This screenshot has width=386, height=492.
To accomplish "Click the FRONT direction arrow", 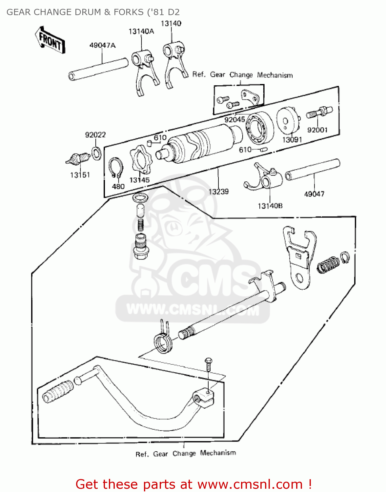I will (x=50, y=40).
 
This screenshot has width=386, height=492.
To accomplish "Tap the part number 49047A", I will (x=102, y=45).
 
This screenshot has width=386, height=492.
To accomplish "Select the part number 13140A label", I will (x=141, y=31).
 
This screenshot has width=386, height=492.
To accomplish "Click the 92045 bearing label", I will (x=234, y=120).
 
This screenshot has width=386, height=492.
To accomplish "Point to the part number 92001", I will (x=317, y=130).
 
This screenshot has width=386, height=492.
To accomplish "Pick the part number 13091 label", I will (x=292, y=140).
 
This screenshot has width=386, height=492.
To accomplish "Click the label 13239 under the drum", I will (x=218, y=192).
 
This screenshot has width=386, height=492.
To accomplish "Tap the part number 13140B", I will (x=270, y=206).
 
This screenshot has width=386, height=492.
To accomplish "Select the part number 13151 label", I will (x=80, y=175).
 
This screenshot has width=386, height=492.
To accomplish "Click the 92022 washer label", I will (x=95, y=135).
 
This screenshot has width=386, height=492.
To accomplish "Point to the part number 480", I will (x=118, y=187).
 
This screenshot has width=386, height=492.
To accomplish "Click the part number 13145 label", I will (x=139, y=180).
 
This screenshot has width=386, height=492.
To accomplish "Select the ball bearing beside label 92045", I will (x=260, y=128).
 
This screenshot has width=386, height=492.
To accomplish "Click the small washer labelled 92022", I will (x=96, y=153).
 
